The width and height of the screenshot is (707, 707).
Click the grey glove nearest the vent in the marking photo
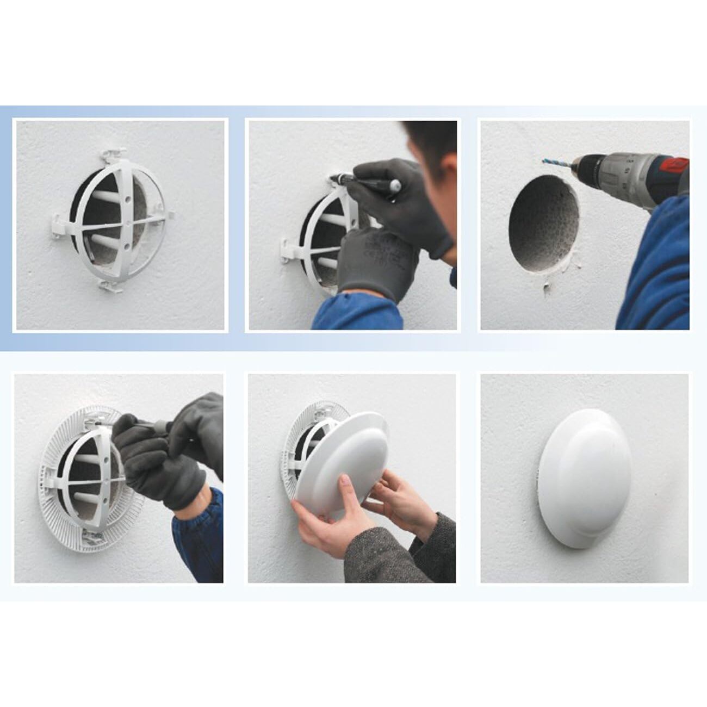click(x=375, y=261)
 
